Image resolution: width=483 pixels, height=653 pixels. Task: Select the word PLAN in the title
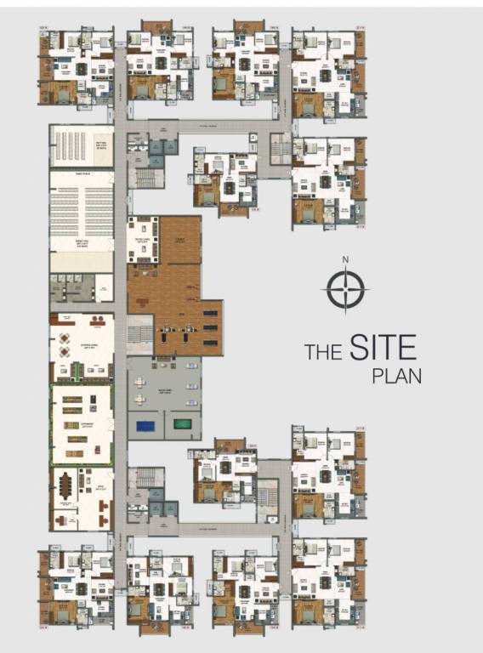pos(396,376)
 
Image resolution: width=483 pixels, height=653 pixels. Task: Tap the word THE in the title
pos(323,352)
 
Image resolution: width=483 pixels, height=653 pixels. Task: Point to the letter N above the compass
pos(344,260)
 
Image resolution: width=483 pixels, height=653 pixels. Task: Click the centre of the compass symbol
pos(344,290)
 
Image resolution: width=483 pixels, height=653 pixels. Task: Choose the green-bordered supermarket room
pos(82,423)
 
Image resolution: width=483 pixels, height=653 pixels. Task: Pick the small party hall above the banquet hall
pos(82,146)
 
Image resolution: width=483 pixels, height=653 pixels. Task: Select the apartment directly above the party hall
pos(77,66)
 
